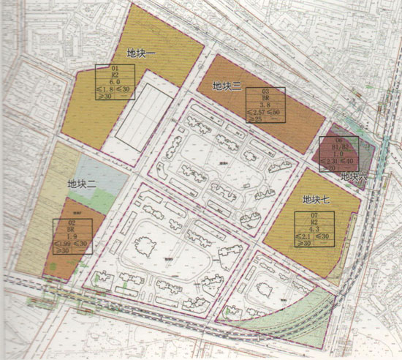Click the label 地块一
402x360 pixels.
point(141,53)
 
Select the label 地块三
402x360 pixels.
point(227,86)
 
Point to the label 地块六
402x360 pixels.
point(357,176)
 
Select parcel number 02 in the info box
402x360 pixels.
point(72,221)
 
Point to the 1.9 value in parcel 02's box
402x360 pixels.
point(72,236)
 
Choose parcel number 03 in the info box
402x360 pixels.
point(266,92)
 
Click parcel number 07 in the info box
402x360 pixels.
point(316,215)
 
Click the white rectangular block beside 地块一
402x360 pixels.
point(144,115)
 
